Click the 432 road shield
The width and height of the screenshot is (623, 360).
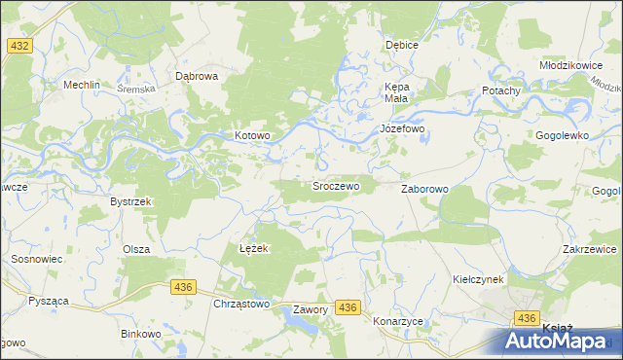pyautogui.click(x=18, y=46)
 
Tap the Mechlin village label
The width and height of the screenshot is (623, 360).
pyautogui.click(x=82, y=85)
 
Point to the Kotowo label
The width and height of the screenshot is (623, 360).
pyautogui.click(x=251, y=135)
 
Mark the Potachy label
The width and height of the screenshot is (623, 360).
pyautogui.click(x=501, y=90)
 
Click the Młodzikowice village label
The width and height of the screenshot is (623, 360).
pyautogui.click(x=573, y=64)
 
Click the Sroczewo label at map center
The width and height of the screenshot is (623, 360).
pyautogui.click(x=336, y=185)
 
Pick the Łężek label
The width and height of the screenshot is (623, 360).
pyautogui.click(x=253, y=248)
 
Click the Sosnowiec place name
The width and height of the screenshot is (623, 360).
pyautogui.click(x=36, y=260)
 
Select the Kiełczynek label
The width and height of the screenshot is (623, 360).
pyautogui.click(x=477, y=278)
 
